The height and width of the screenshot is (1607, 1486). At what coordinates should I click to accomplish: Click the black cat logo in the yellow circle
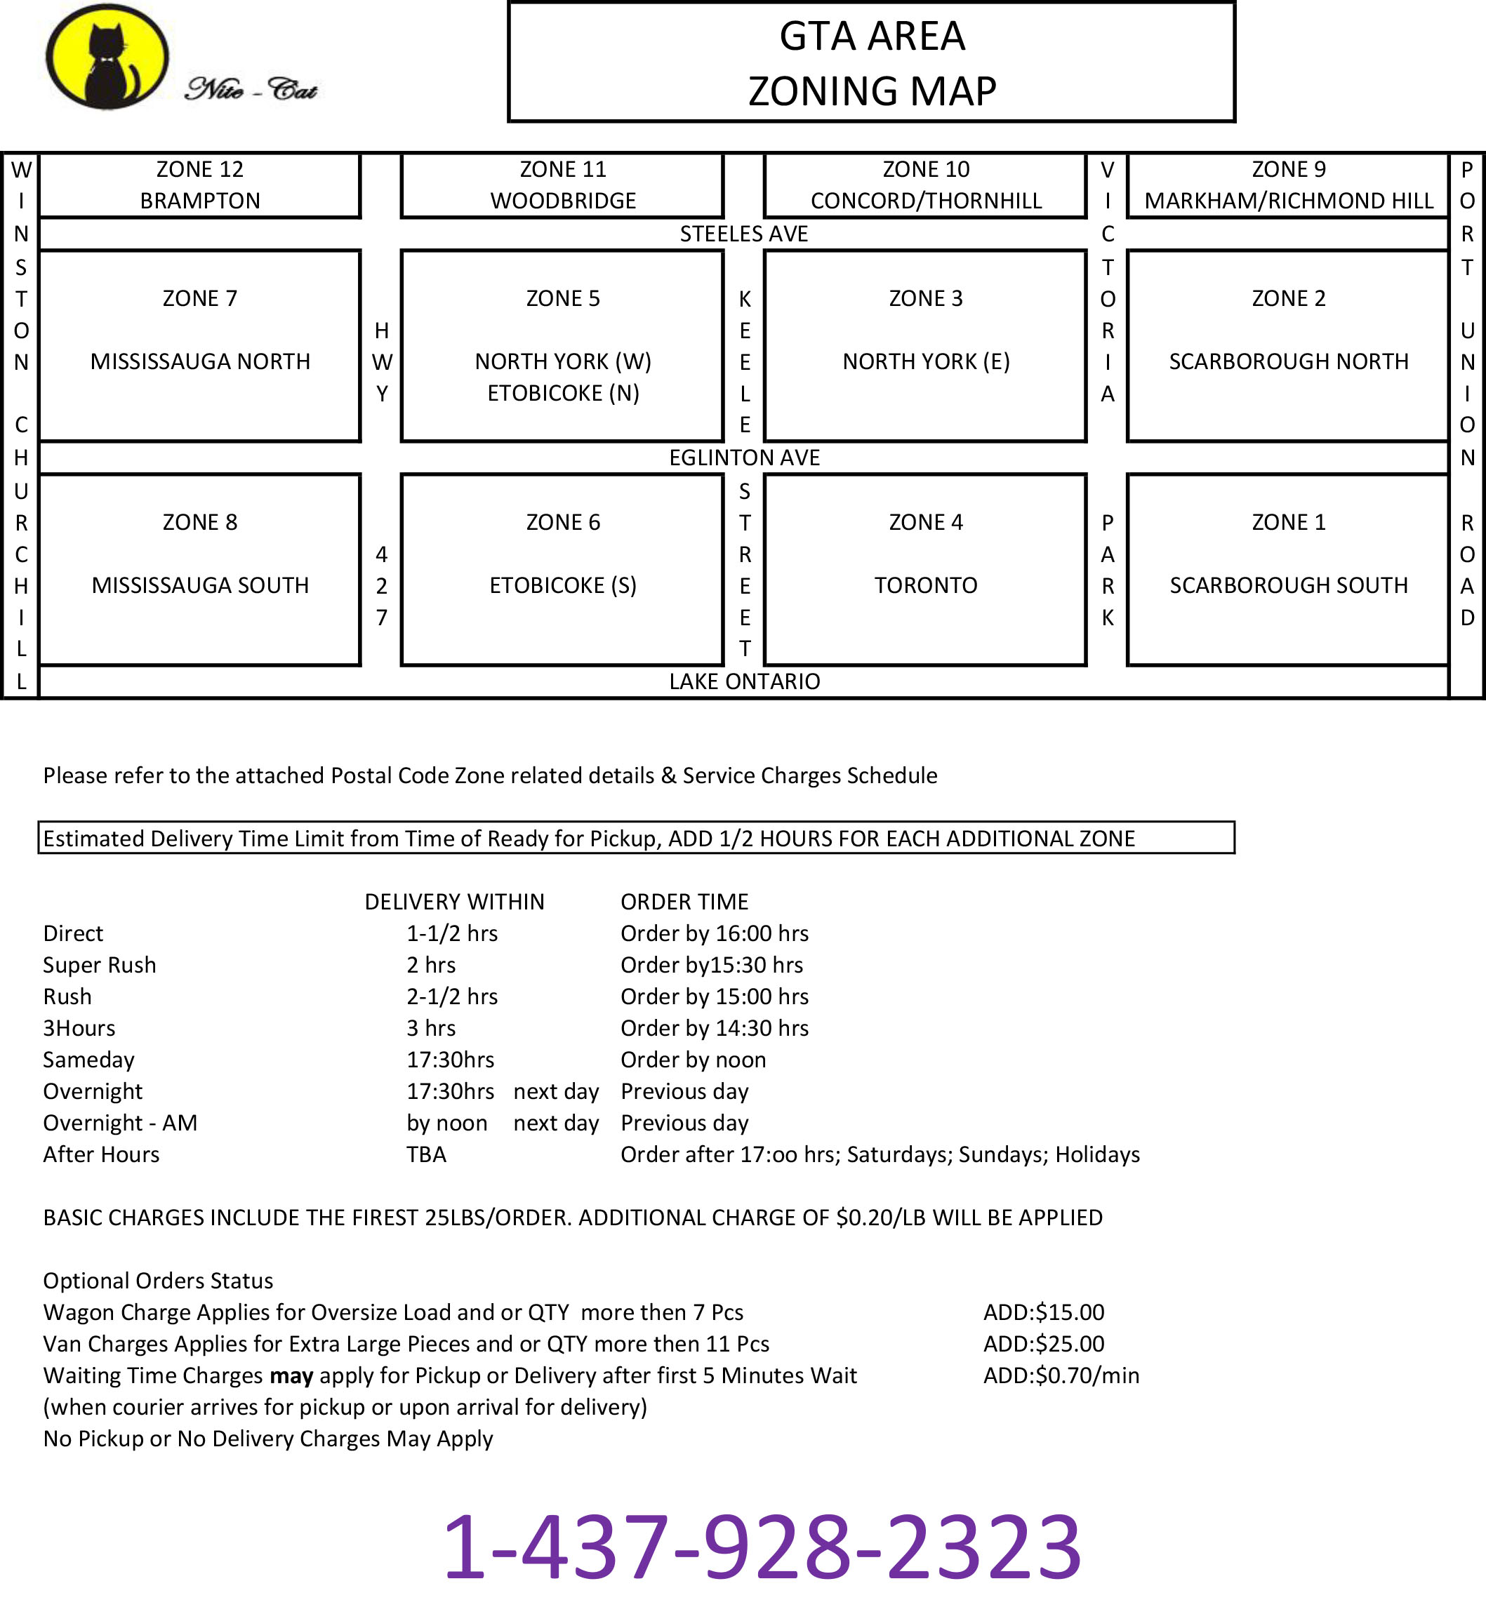pyautogui.click(x=107, y=57)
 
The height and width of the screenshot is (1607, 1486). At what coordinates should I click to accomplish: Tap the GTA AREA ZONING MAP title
pyautogui.click(x=872, y=62)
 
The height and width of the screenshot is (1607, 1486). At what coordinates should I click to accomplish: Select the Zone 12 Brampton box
pyautogui.click(x=199, y=185)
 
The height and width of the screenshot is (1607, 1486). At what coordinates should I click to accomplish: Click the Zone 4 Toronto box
pyautogui.click(x=926, y=569)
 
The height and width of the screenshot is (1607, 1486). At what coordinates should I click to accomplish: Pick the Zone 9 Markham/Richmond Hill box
pyautogui.click(x=1288, y=185)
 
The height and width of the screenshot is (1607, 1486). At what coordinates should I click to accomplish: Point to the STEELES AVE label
pyautogui.click(x=744, y=234)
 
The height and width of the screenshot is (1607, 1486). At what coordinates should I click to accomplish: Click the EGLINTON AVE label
pyautogui.click(x=745, y=458)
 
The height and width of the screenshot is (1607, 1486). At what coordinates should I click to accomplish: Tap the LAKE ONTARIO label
pyautogui.click(x=745, y=681)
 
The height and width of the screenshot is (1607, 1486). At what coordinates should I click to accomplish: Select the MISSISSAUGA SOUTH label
pyautogui.click(x=200, y=585)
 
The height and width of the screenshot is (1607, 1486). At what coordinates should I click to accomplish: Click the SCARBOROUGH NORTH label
pyautogui.click(x=1288, y=362)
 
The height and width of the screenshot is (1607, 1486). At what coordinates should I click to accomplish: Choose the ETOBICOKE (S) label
pyautogui.click(x=563, y=585)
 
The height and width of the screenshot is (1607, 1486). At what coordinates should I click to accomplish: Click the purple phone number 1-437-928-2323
pyautogui.click(x=762, y=1547)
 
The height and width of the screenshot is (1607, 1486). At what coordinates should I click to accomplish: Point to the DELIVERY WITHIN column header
pyautogui.click(x=454, y=902)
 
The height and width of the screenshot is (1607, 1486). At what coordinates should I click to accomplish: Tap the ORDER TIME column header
pyautogui.click(x=684, y=902)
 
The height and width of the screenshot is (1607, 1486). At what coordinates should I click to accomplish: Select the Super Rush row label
pyautogui.click(x=100, y=965)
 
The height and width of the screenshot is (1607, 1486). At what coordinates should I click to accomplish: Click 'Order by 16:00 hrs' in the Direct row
pyautogui.click(x=714, y=933)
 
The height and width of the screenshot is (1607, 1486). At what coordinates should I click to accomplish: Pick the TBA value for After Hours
pyautogui.click(x=426, y=1154)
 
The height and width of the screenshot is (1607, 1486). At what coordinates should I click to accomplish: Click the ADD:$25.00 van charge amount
pyautogui.click(x=1044, y=1343)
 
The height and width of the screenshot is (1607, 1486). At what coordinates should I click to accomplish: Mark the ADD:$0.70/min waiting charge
pyautogui.click(x=1061, y=1375)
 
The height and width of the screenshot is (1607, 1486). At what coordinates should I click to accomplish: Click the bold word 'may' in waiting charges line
pyautogui.click(x=291, y=1375)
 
